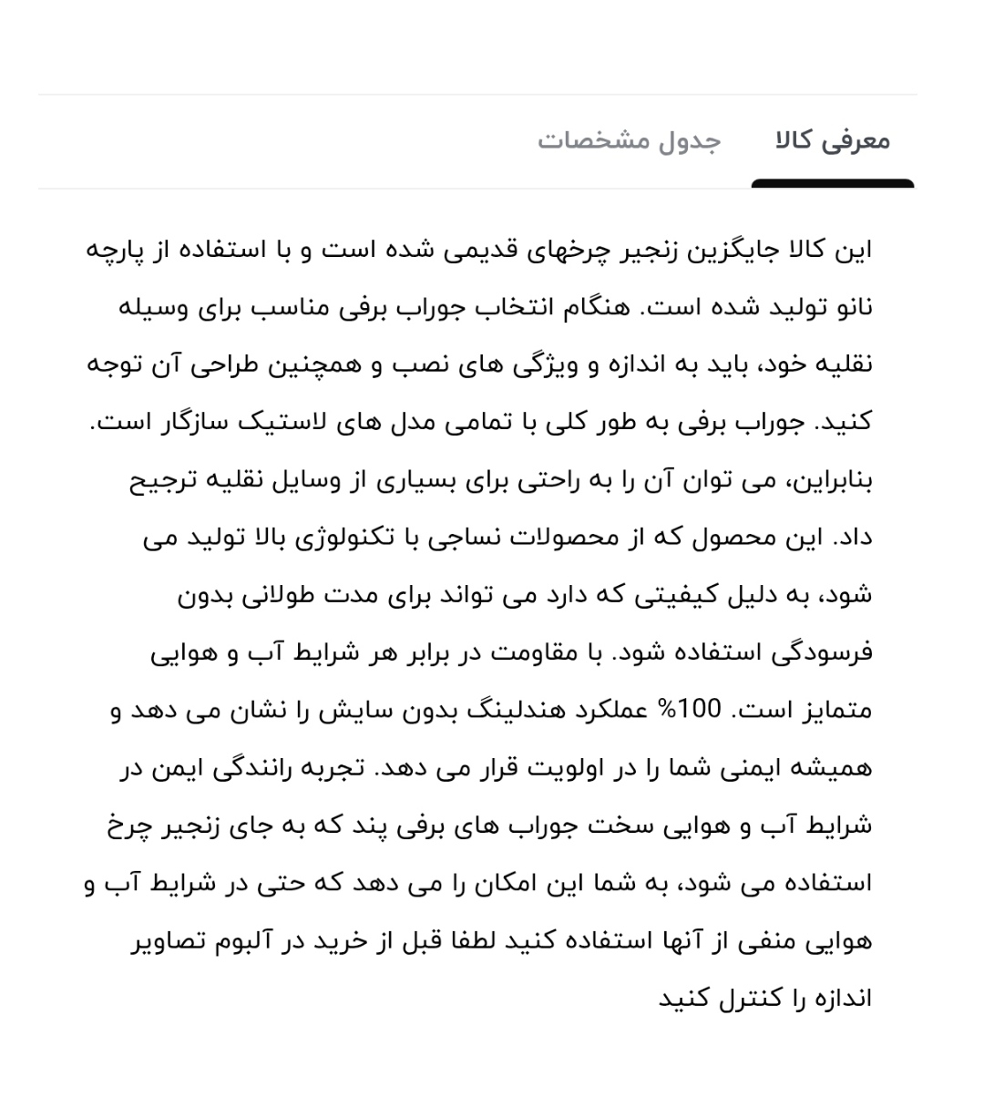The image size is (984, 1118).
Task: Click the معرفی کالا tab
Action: coord(833,141)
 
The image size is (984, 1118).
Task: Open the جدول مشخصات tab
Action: coord(630,141)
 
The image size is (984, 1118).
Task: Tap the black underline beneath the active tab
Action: coord(833,184)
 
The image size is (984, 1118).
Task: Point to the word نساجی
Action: coord(456,538)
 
